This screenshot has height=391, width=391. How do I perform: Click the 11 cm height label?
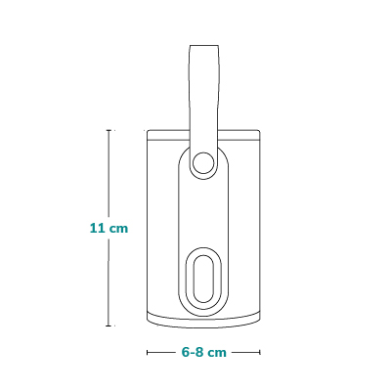click(x=109, y=228)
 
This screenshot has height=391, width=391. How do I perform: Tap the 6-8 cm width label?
click(x=203, y=352)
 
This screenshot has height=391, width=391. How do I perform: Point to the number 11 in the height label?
click(x=97, y=228)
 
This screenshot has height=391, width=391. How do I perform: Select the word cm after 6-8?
click(x=217, y=353)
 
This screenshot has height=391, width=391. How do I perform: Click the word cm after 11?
click(x=118, y=229)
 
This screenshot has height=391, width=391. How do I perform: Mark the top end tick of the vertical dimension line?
click(x=109, y=130)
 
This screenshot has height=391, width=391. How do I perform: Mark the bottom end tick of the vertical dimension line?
click(x=109, y=326)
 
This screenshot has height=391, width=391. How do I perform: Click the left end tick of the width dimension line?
click(x=148, y=352)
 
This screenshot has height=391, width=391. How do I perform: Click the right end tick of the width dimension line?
click(x=260, y=352)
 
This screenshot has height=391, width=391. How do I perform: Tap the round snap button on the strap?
click(x=203, y=163)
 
